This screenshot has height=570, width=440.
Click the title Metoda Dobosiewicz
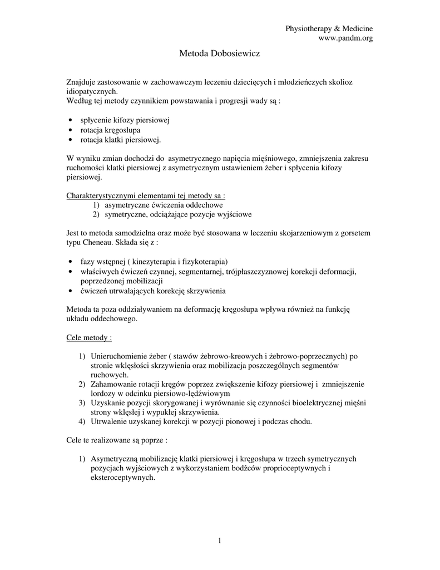point(220,55)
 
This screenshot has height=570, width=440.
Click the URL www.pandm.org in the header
point(345,38)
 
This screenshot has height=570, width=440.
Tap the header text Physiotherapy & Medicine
point(329,28)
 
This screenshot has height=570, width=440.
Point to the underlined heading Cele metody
point(89,338)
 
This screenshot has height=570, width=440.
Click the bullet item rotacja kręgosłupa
point(110,130)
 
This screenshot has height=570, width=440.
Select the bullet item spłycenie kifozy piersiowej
point(125,120)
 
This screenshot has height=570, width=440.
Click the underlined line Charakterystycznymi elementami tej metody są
point(146,196)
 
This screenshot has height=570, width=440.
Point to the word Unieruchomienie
point(118,356)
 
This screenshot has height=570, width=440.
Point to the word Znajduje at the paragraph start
point(81,82)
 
